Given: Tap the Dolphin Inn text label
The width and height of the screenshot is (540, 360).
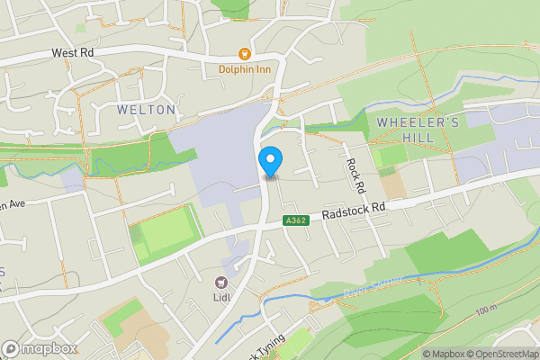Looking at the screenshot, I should pyautogui.click(x=243, y=68).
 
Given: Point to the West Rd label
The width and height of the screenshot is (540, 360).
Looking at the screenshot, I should pyautogui.click(x=73, y=54).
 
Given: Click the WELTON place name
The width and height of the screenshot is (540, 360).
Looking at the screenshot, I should pyautogui.click(x=146, y=109).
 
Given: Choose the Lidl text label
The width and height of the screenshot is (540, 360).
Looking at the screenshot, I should pyautogui.click(x=222, y=298).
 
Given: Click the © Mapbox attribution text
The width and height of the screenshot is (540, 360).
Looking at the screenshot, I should pyautogui.click(x=442, y=354).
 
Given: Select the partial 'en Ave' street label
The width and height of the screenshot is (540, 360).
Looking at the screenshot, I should pyautogui.click(x=12, y=203).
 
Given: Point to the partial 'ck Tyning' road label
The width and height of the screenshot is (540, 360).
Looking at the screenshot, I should pyautogui.click(x=266, y=347).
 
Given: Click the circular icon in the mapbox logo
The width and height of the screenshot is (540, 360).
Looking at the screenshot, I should pyautogui.click(x=11, y=348).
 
